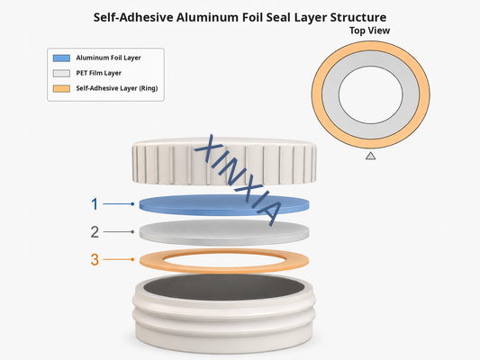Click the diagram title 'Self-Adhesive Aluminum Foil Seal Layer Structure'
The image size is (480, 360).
[240, 17]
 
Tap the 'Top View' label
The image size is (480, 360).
[370, 31]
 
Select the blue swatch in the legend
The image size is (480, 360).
[61, 58]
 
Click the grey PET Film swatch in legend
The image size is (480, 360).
[61, 73]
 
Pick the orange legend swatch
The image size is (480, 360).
[61, 88]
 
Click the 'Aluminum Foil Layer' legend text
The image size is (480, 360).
[108, 58]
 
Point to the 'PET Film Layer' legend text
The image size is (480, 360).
[98, 73]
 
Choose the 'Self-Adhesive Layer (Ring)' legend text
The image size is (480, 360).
[117, 88]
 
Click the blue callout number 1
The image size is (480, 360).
[95, 204]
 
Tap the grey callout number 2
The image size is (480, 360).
[95, 232]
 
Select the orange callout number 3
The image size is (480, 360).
[95, 260]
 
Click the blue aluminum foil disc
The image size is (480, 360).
[224, 205]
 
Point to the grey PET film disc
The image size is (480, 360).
[224, 232]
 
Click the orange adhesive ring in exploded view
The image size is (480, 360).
[150, 261]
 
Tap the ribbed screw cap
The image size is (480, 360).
[224, 161]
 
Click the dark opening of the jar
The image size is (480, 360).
[224, 287]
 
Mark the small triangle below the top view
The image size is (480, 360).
[371, 157]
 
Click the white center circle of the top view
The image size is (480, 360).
[371, 94]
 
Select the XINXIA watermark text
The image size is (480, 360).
[239, 181]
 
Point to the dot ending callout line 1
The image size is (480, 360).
[132, 204]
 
